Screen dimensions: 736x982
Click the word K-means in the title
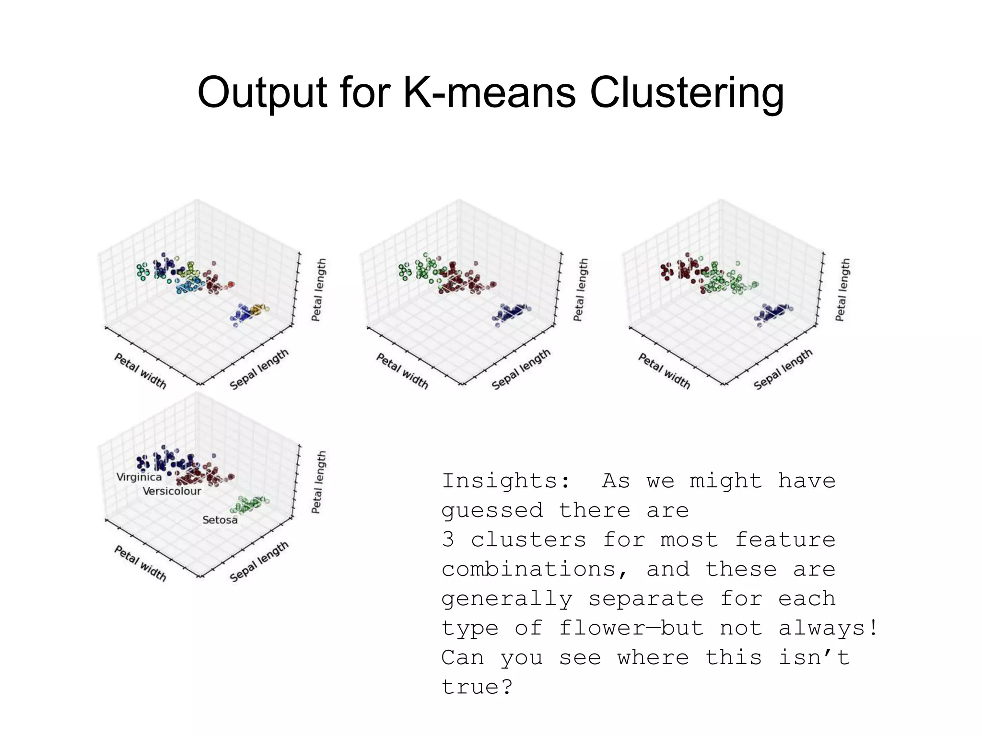coord(489,92)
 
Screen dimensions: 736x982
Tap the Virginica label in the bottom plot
coord(139,477)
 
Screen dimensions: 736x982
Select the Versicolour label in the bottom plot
coord(172,491)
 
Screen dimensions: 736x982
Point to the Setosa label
coord(220,520)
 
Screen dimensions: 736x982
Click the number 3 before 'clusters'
coord(448,540)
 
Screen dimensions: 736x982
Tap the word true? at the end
coord(477,687)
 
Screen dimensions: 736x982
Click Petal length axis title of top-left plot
coord(318,290)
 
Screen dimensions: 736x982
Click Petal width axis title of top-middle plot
coord(402,371)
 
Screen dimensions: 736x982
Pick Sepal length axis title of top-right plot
coord(783,369)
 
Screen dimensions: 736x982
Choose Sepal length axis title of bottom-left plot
coord(259,562)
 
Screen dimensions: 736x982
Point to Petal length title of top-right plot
coord(842,290)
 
